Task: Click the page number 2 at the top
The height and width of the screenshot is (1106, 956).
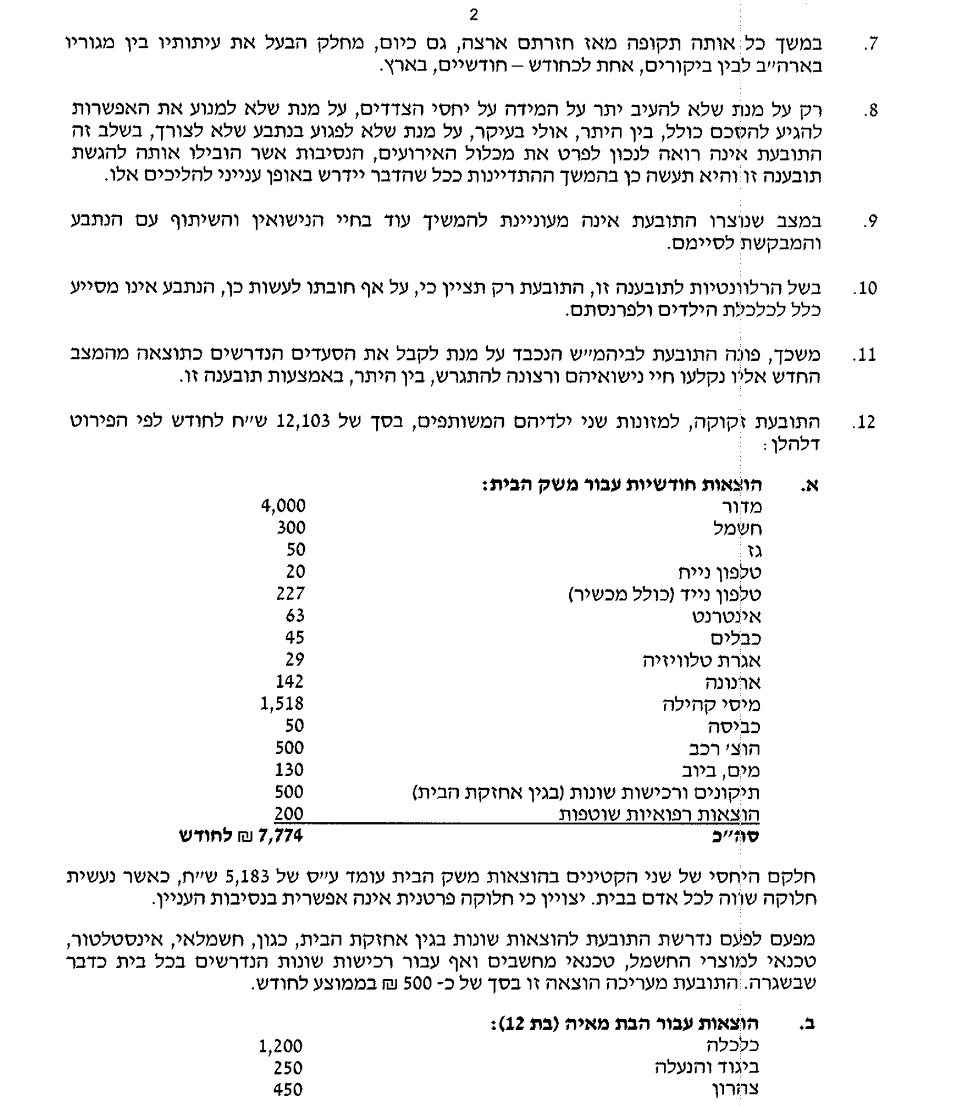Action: [474, 15]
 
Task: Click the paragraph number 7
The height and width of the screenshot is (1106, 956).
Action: [871, 44]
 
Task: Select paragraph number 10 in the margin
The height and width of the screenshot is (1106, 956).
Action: [865, 289]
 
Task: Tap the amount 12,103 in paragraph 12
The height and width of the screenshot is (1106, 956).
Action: [303, 421]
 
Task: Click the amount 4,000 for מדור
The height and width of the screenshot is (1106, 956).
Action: [284, 506]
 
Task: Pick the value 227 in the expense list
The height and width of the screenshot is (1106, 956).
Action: [291, 593]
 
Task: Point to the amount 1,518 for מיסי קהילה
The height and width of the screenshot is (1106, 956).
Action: [282, 703]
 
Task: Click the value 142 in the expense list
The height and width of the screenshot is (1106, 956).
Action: [290, 681]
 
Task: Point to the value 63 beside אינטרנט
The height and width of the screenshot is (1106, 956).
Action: [295, 616]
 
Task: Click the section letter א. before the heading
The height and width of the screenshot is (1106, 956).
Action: [809, 485]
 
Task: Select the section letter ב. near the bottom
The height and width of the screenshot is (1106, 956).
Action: [808, 1024]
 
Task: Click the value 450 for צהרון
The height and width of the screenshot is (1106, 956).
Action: [288, 1090]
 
